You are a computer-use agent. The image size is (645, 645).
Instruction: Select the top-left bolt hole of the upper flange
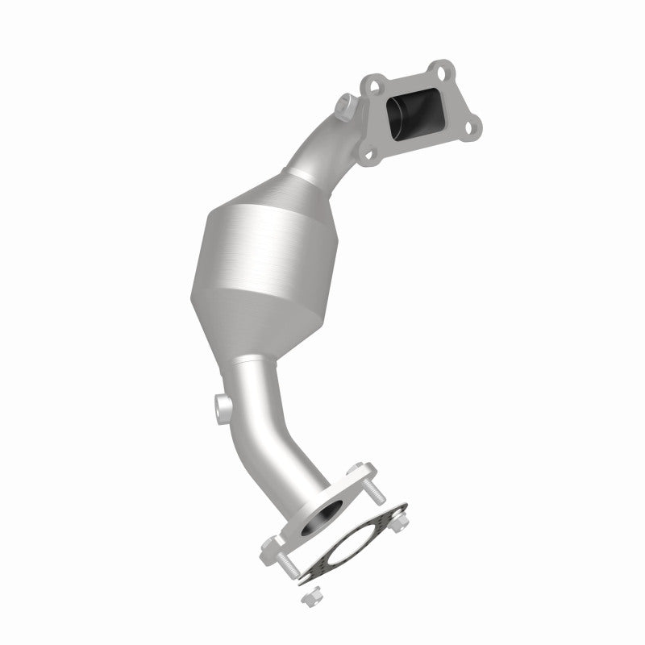(373, 82)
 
